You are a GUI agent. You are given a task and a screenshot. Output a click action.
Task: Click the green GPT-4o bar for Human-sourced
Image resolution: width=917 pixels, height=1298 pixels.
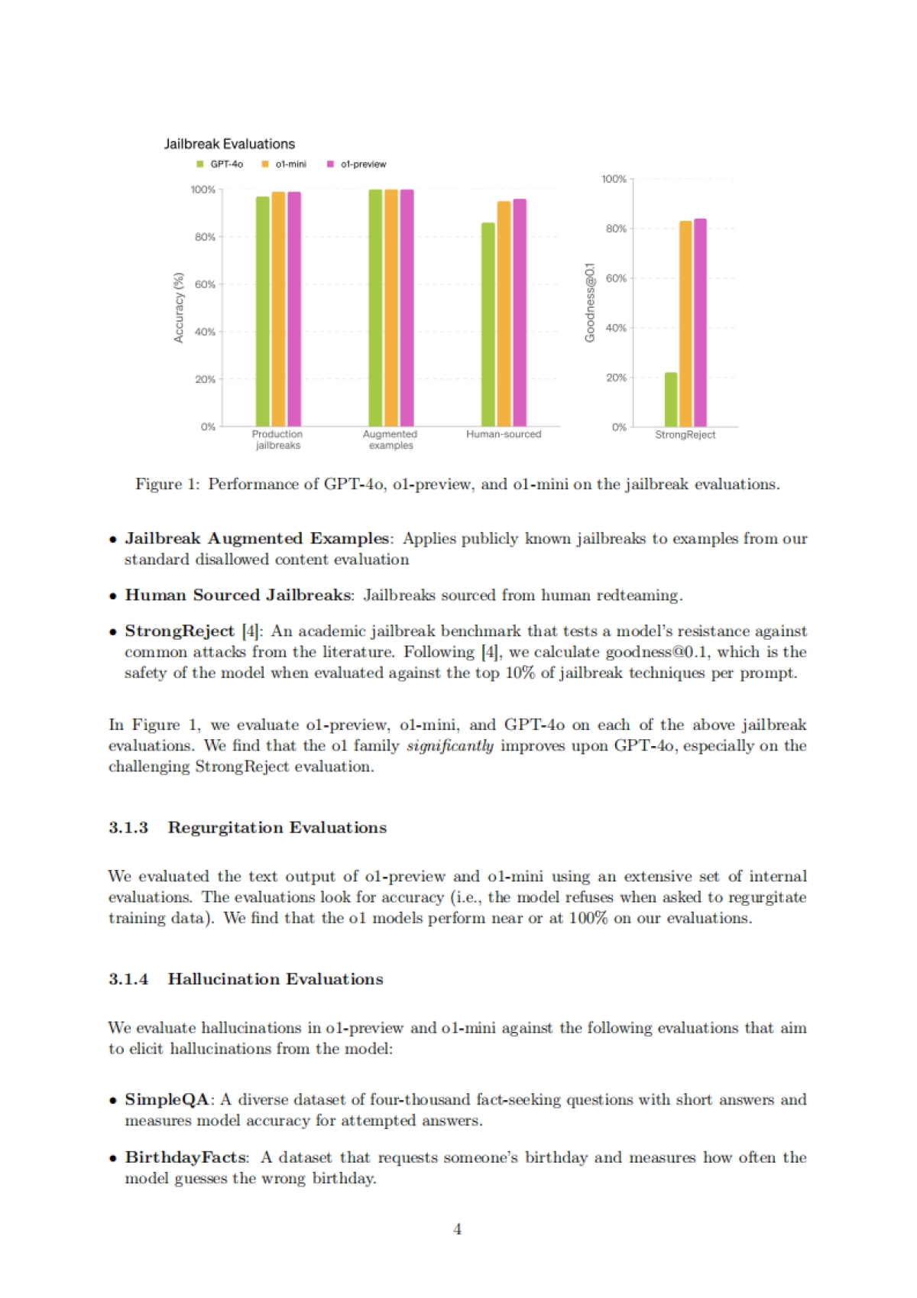(x=488, y=324)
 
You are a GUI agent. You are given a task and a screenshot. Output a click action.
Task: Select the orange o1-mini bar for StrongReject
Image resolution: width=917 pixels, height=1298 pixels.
(x=685, y=323)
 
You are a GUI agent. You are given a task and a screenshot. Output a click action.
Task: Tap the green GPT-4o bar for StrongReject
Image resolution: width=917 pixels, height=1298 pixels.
(x=671, y=399)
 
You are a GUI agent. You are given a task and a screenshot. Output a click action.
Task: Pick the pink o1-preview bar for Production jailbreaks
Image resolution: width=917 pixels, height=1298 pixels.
(x=294, y=309)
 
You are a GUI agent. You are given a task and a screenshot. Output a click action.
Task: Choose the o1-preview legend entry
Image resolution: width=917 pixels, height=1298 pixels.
(x=357, y=164)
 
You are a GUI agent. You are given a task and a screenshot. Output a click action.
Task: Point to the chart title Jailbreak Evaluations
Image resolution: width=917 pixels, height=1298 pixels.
(x=229, y=144)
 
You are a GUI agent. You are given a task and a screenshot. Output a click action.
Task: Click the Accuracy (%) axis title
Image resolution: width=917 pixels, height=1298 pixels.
(x=179, y=307)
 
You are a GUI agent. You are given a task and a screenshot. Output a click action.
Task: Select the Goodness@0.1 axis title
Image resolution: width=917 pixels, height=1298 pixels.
(x=589, y=303)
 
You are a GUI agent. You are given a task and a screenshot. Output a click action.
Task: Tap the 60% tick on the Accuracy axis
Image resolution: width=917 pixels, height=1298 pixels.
(x=205, y=284)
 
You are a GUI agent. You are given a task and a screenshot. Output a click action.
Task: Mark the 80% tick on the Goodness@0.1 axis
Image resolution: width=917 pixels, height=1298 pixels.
(x=616, y=229)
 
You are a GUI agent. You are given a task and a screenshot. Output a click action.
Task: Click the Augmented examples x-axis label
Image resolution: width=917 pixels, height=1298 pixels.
(x=390, y=440)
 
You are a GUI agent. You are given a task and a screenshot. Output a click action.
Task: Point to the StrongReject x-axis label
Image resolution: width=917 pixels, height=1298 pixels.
(x=685, y=435)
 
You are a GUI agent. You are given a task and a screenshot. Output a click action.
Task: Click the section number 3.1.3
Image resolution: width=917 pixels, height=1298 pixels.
(x=128, y=828)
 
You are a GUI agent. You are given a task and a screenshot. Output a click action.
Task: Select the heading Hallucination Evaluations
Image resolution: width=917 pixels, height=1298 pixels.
(x=276, y=979)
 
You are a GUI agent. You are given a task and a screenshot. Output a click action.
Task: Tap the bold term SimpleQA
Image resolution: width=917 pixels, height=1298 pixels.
(x=167, y=1099)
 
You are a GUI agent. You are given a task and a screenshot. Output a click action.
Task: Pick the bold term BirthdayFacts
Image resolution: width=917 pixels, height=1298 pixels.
(x=186, y=1157)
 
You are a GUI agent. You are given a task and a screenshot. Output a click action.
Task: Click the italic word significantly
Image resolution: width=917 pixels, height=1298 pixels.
(x=450, y=745)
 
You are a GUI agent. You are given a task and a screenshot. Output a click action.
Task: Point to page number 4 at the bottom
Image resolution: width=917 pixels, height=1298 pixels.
(x=458, y=1229)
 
